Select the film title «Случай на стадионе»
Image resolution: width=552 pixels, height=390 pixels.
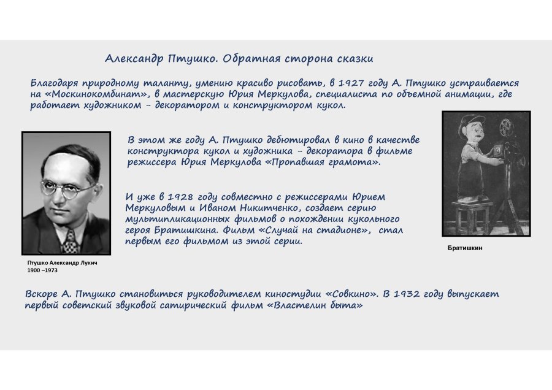pos(322,231)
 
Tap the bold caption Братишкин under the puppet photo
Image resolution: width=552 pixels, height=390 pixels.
pos(466,248)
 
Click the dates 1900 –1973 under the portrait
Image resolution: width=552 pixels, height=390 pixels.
pos(42,270)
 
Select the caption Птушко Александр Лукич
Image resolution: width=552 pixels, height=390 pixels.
pos(63,262)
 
